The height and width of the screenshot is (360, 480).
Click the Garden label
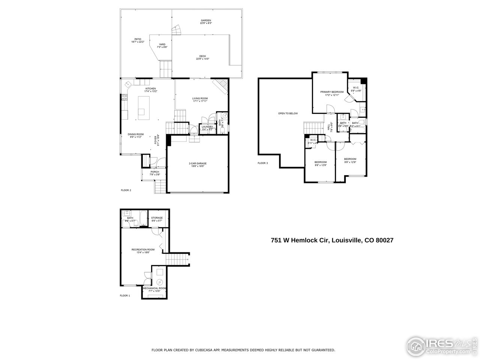click(206, 20)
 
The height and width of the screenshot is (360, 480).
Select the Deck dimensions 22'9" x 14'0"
click(202, 59)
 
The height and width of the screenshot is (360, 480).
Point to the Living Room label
click(200, 98)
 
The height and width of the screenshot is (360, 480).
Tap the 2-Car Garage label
click(198, 163)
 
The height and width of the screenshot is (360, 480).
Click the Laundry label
click(207, 127)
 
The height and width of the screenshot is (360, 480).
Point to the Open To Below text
click(288, 113)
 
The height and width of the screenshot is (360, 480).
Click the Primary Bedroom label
click(331, 92)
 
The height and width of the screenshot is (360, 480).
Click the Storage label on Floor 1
click(157, 218)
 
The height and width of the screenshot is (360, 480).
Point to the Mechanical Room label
click(154, 288)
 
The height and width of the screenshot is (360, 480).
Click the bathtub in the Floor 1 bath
click(142, 218)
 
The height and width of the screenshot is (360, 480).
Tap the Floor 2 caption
click(126, 190)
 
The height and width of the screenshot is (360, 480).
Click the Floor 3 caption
click(262, 163)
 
